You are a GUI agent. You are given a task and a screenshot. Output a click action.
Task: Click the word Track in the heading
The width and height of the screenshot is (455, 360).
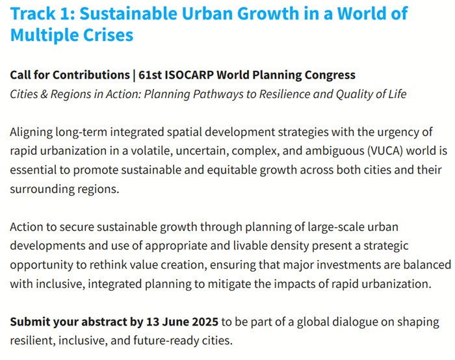[32, 14]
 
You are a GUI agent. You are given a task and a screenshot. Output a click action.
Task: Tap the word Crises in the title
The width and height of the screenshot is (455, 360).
[109, 35]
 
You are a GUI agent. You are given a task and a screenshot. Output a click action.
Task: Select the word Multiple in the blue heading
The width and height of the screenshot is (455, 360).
[45, 36]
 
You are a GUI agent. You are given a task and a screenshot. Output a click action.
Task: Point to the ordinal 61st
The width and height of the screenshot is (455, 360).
[150, 75]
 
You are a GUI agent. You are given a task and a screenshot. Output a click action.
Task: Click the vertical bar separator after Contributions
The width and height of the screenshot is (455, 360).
[134, 75]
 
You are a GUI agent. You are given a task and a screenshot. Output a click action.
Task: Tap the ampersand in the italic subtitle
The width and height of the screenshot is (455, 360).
[44, 94]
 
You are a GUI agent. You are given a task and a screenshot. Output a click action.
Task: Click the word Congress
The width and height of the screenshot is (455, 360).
[330, 75]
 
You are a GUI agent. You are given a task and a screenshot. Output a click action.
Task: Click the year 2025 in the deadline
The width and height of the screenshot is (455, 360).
[205, 322]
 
